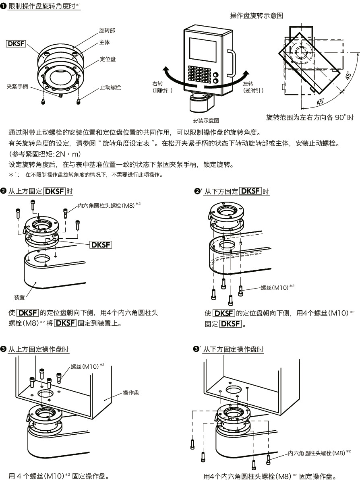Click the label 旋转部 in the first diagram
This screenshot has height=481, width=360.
click(107, 31)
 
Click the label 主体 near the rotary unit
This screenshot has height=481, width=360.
click(104, 42)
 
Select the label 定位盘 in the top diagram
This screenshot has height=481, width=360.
click(108, 59)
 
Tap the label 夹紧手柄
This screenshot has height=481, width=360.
click(17, 86)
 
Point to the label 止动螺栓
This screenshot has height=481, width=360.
click(110, 87)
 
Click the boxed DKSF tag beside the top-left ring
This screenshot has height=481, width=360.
click(16, 43)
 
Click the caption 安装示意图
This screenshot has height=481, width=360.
click(205, 120)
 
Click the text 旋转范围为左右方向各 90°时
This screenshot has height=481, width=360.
click(310, 118)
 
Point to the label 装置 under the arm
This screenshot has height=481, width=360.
click(19, 297)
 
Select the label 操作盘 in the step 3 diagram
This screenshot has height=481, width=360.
click(131, 392)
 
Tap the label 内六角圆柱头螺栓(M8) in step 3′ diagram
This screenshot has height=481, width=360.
click(317, 453)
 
